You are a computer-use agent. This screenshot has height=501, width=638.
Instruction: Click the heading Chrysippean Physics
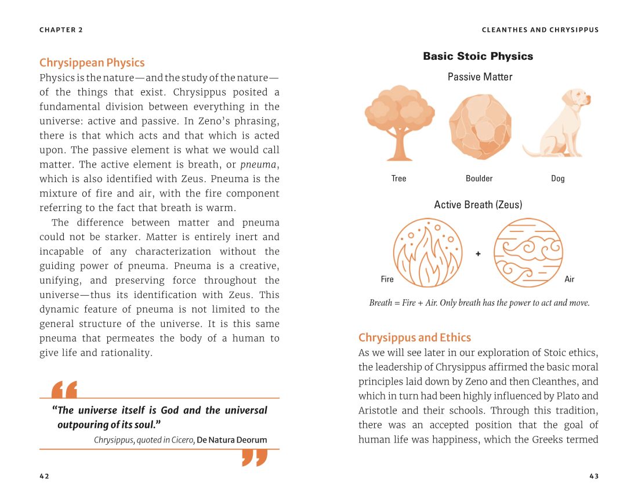click(92, 63)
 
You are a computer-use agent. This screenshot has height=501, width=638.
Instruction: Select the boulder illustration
click(480, 126)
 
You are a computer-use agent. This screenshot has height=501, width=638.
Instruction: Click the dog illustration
click(557, 123)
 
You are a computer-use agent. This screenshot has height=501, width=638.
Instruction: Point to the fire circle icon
click(427, 253)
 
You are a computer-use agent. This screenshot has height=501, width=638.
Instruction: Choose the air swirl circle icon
click(528, 253)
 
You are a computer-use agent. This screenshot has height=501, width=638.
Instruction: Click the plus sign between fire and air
click(478, 253)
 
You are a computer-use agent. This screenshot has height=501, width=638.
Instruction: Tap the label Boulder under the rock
click(479, 179)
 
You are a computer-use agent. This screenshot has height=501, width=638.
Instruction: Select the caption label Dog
click(557, 179)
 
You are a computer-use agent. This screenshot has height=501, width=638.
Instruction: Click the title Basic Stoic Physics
click(478, 56)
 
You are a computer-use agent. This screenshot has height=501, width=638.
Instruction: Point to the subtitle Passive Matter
click(480, 77)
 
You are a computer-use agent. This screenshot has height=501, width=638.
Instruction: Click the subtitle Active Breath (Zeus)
click(478, 205)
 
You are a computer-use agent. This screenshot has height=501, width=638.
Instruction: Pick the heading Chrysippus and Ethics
click(415, 337)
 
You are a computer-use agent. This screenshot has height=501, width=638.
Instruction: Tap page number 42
click(44, 476)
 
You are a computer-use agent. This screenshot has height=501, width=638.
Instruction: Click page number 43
click(593, 476)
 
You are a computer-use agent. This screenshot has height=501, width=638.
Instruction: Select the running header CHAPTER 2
click(61, 30)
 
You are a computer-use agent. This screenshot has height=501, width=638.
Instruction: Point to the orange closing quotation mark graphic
click(254, 458)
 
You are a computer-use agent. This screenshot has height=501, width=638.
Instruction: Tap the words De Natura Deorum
click(232, 440)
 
